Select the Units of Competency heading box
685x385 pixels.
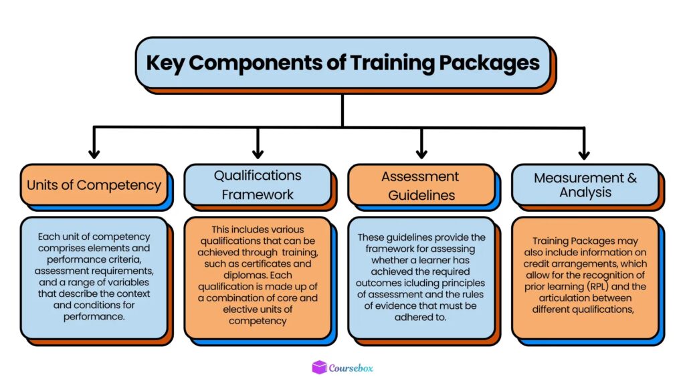click(94, 184)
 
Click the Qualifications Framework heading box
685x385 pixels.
click(258, 184)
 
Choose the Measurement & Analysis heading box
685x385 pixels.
click(585, 184)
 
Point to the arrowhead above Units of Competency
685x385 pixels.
click(94, 153)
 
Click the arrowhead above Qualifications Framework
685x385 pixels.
click(258, 153)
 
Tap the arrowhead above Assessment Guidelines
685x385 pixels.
click(421, 153)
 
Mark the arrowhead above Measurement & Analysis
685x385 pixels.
click(585, 153)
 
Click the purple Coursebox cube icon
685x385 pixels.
click(319, 367)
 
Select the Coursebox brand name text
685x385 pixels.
click(352, 368)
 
